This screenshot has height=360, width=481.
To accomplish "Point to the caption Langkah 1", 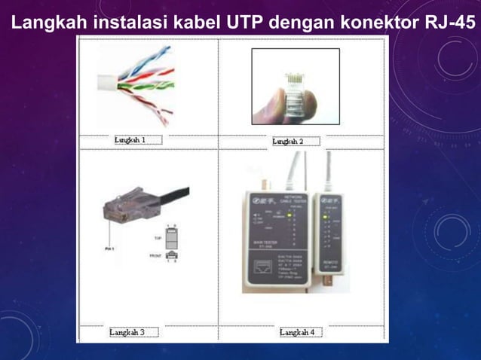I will [x=130, y=139].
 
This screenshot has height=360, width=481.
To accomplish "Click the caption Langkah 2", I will [x=287, y=141].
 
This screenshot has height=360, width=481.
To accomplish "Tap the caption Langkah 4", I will [x=296, y=331].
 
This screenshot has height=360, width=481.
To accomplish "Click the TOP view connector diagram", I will [x=171, y=237].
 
